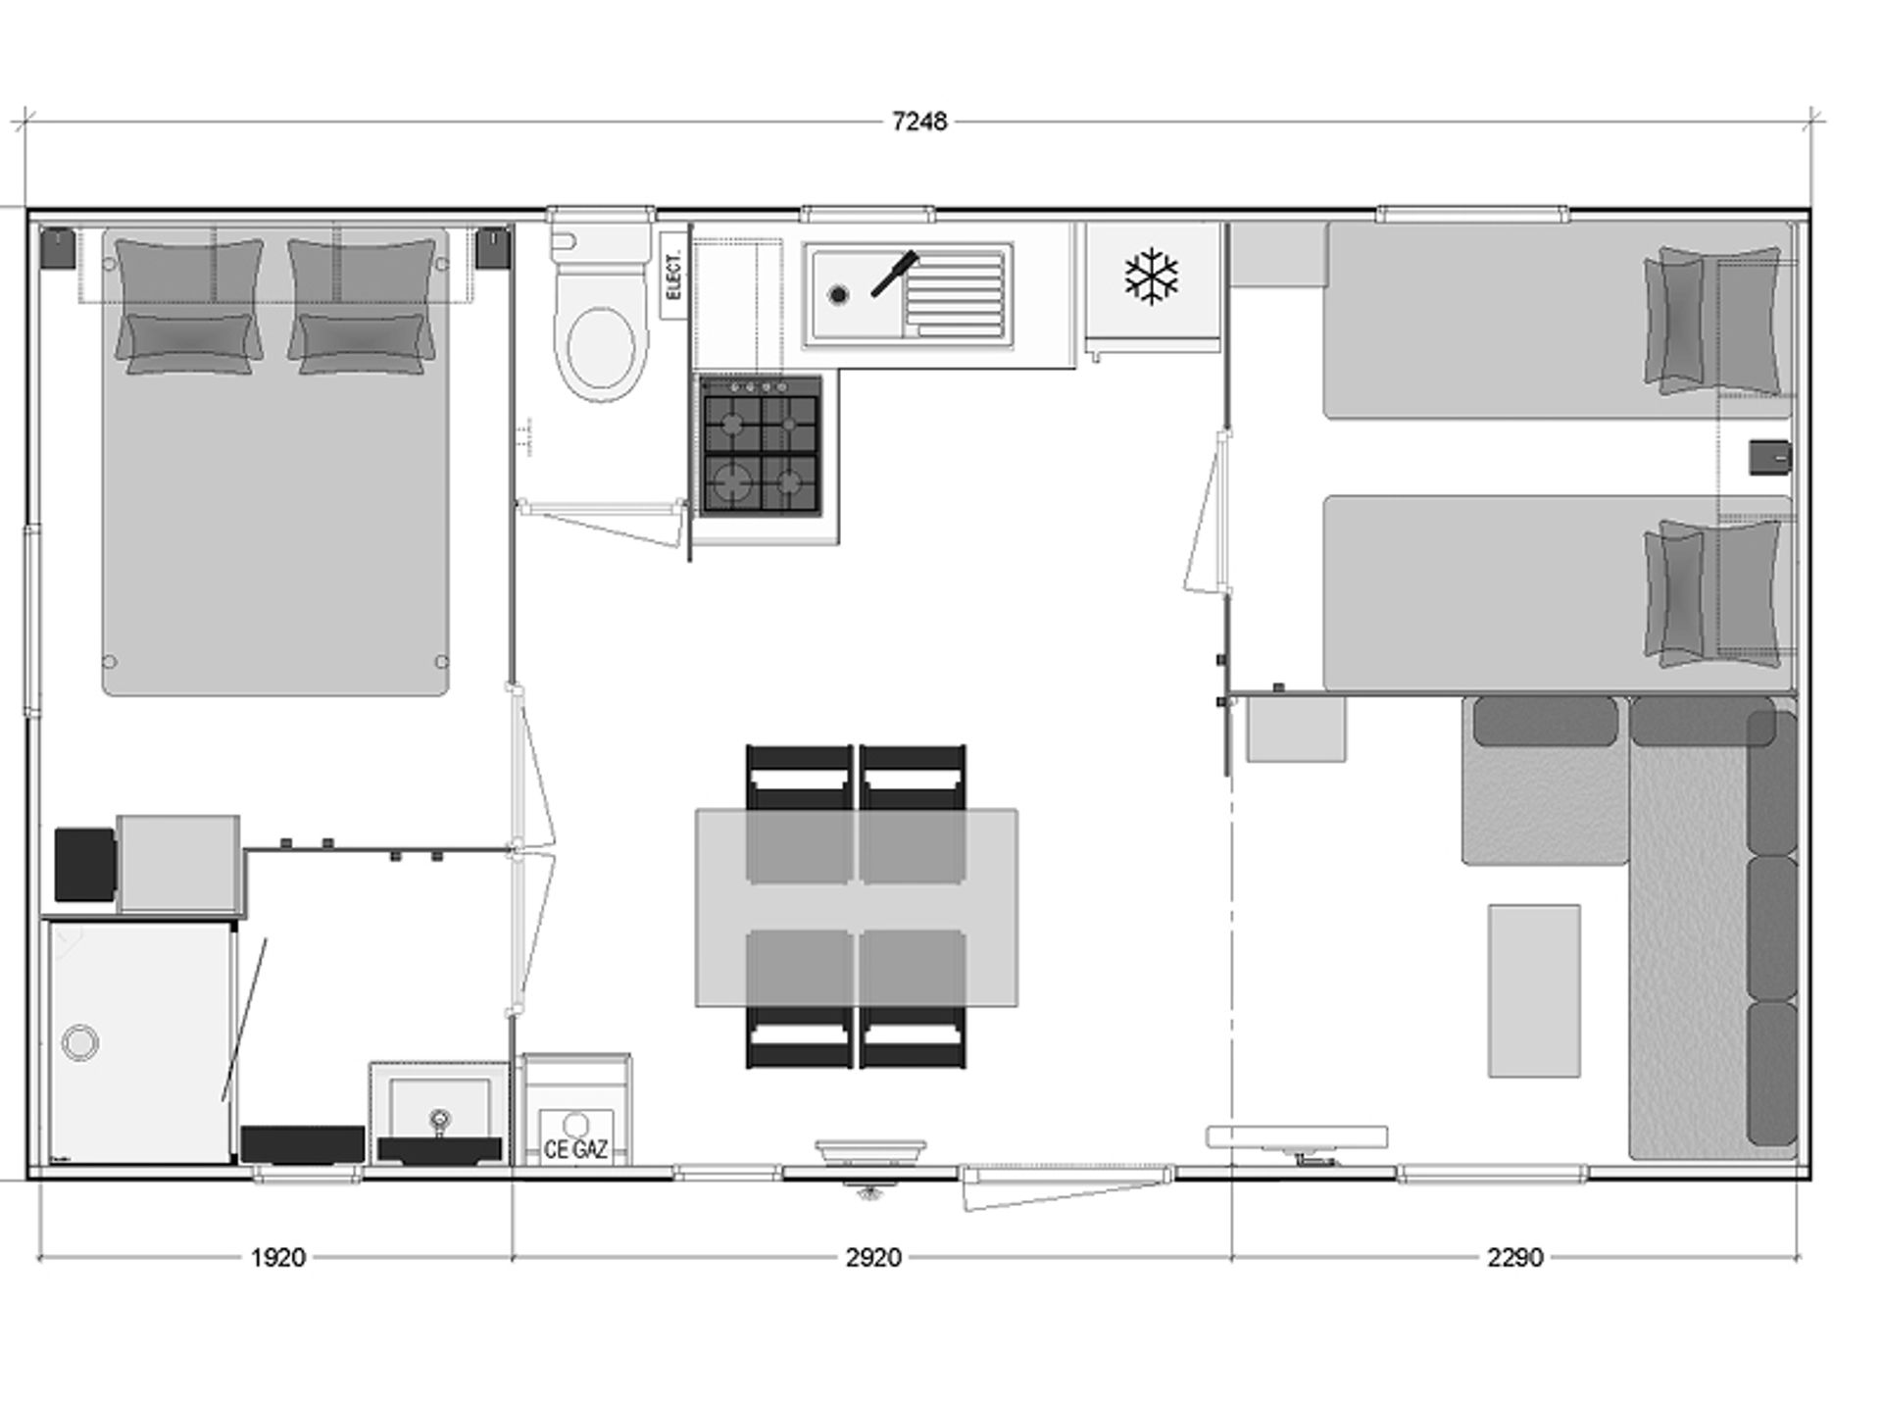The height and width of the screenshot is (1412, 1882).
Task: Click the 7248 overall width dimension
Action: (x=919, y=122)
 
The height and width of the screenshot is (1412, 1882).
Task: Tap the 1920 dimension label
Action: (x=278, y=1257)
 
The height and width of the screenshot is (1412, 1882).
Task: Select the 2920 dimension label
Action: (x=873, y=1257)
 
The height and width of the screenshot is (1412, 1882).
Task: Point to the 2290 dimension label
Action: (x=1515, y=1257)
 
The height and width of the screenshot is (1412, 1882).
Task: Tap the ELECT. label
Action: (x=673, y=276)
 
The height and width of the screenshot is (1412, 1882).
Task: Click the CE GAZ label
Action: (x=575, y=1148)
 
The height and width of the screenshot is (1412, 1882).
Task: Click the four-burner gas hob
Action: (x=761, y=445)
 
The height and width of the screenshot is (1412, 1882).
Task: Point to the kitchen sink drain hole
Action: (x=837, y=294)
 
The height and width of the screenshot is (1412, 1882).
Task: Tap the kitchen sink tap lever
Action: (x=895, y=274)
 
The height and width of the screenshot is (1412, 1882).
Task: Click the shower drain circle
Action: (x=79, y=1041)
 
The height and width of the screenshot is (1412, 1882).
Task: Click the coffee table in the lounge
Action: (x=1534, y=990)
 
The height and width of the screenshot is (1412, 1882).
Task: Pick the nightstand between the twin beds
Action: (x=1770, y=457)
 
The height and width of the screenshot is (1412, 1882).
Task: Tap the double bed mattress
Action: (x=275, y=462)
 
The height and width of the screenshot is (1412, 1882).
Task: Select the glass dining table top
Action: (x=857, y=907)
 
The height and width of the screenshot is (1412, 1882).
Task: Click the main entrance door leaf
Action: (x=1066, y=1188)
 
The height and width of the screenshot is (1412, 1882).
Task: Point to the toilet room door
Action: (x=603, y=524)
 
